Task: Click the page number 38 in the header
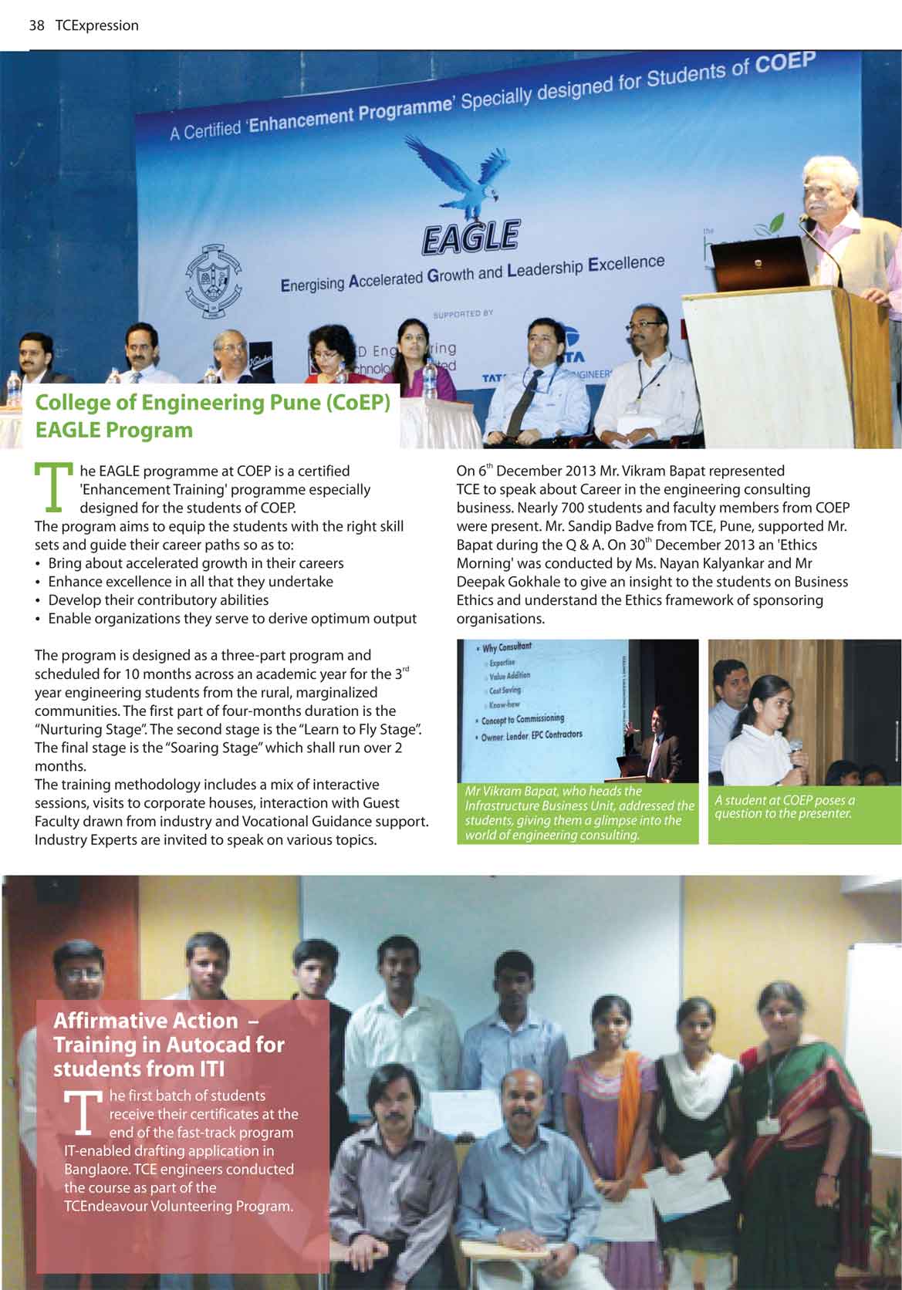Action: [36, 25]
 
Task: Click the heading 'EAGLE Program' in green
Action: [114, 430]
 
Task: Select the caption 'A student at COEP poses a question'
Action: [784, 806]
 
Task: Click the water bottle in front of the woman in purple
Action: [429, 380]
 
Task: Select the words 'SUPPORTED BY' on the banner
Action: [463, 314]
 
